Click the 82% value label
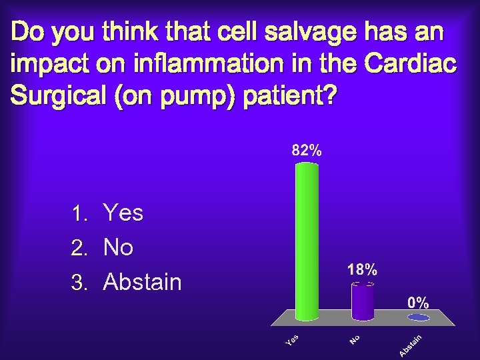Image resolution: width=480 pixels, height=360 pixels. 306,151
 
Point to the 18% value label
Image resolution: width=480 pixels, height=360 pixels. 362,270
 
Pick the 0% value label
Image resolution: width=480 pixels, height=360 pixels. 418,303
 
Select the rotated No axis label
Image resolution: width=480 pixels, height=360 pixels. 355,340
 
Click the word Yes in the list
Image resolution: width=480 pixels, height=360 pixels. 123,213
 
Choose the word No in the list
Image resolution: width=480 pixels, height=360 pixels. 119,248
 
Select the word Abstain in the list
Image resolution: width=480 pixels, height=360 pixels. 142,283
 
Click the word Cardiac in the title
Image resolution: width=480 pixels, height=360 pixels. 411,64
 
